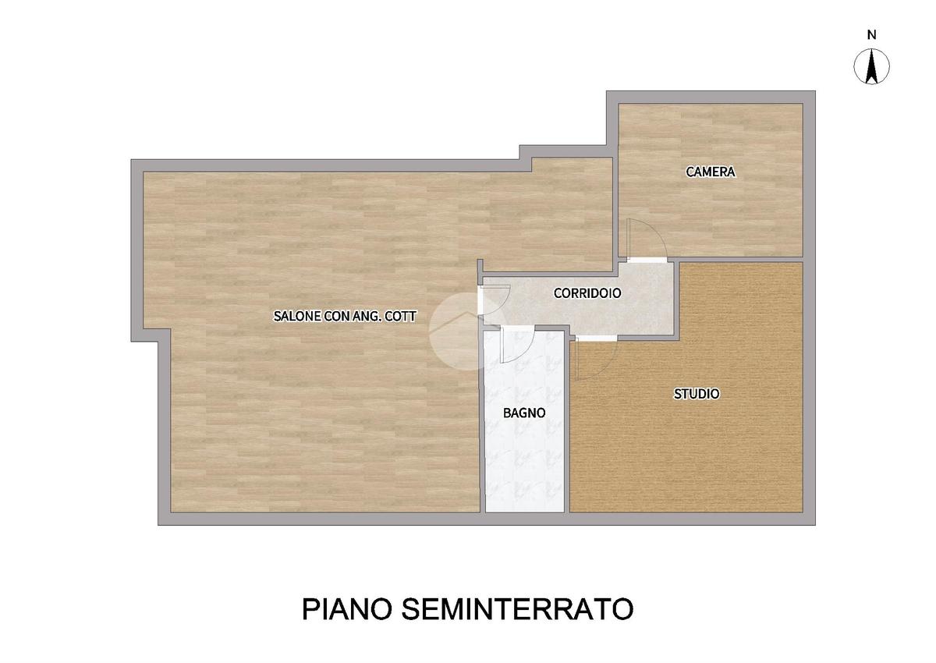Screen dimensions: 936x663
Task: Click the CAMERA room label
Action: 711,172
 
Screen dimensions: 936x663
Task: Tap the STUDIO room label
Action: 697,394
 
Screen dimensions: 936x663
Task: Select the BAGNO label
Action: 524,413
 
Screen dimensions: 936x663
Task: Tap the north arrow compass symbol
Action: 872,67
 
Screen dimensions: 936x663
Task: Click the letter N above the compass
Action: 872,35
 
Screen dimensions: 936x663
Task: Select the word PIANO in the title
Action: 347,609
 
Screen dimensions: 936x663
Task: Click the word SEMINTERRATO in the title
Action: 517,609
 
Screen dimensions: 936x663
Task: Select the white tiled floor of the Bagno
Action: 524,459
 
